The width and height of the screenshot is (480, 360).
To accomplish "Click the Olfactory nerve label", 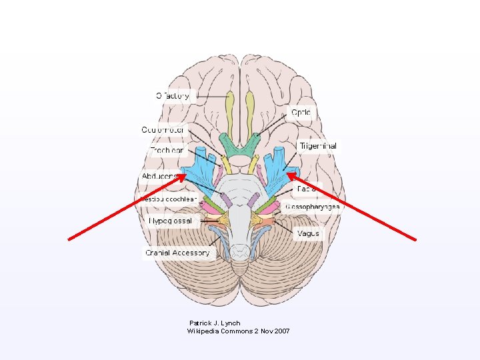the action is tap(173, 95).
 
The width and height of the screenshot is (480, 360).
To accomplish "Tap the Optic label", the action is tap(300, 113).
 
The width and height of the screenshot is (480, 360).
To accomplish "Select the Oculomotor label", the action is tap(163, 129).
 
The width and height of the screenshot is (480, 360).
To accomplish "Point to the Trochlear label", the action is tap(166, 151).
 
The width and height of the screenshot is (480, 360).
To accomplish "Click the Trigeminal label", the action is tap(317, 145).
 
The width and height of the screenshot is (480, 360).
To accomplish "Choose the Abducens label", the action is tap(159, 176).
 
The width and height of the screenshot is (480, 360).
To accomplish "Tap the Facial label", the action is tap(307, 189).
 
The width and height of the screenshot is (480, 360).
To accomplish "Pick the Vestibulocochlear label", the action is tap(169, 199).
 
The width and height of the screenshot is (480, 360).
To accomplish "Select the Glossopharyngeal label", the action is tap(312, 207).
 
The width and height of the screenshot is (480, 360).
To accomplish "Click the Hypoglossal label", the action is tap(170, 220).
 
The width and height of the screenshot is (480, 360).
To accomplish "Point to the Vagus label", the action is tap(308, 233).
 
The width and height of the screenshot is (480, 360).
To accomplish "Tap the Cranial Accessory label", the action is tap(177, 253).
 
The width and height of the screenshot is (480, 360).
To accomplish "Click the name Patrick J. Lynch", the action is tap(215, 323).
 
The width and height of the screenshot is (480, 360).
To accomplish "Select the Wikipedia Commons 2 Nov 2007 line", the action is tap(238, 331).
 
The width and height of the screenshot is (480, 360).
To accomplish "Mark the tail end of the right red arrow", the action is tap(417, 239).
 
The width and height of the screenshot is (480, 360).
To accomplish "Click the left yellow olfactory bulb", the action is tap(231, 107).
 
